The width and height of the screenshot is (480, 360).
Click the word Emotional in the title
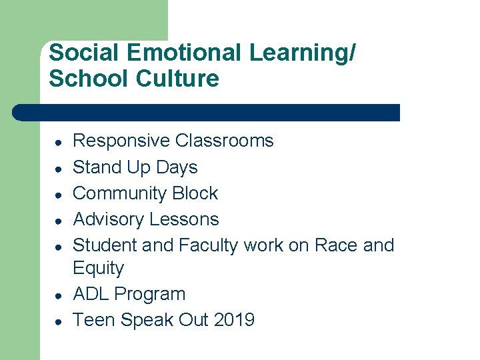click(x=181, y=53)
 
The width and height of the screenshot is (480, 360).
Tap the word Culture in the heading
click(x=177, y=79)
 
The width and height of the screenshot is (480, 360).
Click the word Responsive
click(x=121, y=141)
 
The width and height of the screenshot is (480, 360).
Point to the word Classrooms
click(x=225, y=141)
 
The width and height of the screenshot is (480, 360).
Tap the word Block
click(x=195, y=193)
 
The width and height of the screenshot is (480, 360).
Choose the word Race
click(x=335, y=245)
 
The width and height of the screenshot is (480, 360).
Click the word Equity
click(x=99, y=269)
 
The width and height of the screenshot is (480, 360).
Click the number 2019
click(x=234, y=320)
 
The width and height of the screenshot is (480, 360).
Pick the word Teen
click(x=92, y=320)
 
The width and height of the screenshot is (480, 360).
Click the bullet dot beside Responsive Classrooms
click(x=59, y=142)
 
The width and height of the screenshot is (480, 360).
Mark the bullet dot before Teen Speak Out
click(x=59, y=321)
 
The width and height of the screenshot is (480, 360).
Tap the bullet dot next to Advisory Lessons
click(x=59, y=221)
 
